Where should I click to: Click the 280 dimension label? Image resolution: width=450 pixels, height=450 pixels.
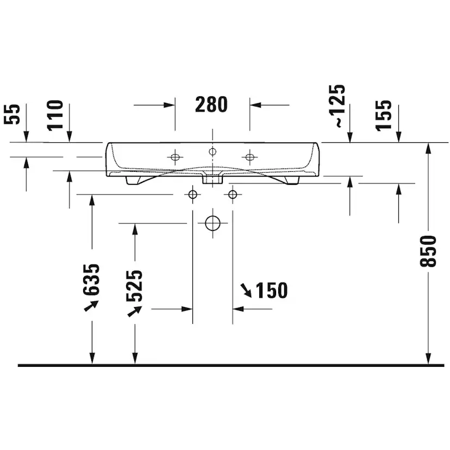click(211, 104)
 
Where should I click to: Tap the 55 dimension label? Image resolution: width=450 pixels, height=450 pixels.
click(12, 114)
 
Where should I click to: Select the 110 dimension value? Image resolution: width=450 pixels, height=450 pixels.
click(55, 116)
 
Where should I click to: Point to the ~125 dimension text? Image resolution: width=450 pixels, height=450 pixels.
click(337, 105)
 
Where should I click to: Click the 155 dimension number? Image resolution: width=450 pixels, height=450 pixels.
click(383, 116)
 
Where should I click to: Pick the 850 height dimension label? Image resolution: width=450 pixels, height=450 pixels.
click(428, 252)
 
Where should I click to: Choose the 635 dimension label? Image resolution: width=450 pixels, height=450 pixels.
click(91, 280)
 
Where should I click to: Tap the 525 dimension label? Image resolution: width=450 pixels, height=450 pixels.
click(134, 286)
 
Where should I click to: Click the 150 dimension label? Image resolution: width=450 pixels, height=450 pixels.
click(272, 290)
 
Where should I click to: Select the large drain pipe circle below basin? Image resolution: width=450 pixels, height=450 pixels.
click(212, 223)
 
